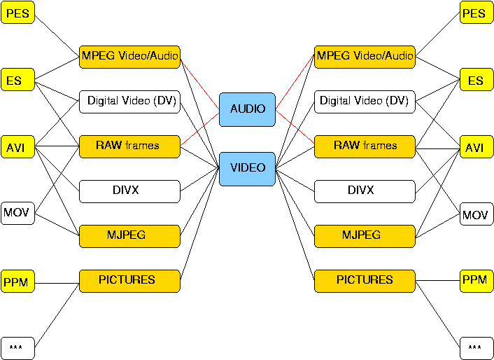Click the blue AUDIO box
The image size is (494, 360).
[247, 109]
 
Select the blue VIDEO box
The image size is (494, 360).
[247, 169]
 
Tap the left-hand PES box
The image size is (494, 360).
[17, 13]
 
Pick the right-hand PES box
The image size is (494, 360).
[477, 13]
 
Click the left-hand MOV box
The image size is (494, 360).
[17, 213]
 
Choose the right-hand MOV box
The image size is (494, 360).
[477, 214]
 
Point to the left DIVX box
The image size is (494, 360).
[129, 191]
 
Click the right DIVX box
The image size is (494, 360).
[365, 191]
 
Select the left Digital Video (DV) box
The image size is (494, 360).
[129, 102]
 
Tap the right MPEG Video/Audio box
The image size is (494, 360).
[365, 57]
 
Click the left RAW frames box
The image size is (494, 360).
[129, 146]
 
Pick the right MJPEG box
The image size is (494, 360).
[365, 236]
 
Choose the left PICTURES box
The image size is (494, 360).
[129, 281]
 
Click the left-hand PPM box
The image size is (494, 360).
[17, 281]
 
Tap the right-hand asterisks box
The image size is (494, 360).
[477, 349]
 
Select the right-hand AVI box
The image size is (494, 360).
[477, 146]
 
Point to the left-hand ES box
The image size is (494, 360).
[17, 79]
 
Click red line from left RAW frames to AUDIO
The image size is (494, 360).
[199, 129]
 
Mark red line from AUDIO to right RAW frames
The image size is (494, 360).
[295, 126]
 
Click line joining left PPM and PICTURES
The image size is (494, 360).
[57, 284]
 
